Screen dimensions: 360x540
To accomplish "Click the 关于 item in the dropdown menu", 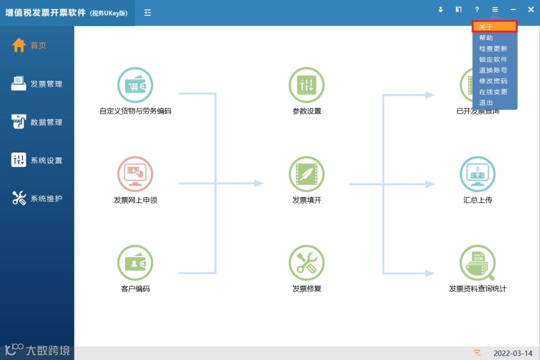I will click(x=494, y=27).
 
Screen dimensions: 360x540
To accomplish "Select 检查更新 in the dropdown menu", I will click(x=493, y=49).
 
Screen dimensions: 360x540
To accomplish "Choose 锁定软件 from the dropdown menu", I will click(x=493, y=59).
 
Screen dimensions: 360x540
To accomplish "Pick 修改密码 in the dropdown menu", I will click(x=493, y=81).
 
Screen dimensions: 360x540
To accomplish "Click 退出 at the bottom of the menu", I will click(x=486, y=102).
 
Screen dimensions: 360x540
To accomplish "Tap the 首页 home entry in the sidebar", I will click(x=30, y=45).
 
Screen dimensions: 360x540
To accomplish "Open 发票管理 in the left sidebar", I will click(x=37, y=84).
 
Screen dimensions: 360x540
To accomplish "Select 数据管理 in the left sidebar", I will click(x=37, y=122).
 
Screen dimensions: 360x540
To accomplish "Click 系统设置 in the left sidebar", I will click(x=37, y=160).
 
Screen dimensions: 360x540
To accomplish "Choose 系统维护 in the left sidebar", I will click(x=37, y=198).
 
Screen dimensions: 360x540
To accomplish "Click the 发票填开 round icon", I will click(x=306, y=174).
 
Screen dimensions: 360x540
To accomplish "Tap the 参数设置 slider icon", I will click(x=306, y=85).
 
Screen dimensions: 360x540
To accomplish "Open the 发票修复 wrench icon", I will click(x=306, y=263).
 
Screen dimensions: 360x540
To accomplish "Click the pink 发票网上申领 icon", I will click(x=135, y=174).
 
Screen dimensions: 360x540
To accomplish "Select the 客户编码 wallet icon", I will click(x=135, y=263).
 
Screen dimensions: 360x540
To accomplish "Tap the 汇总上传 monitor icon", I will click(x=477, y=174).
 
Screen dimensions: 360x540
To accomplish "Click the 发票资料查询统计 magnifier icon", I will click(x=477, y=263).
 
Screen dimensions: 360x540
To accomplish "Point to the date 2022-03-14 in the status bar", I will click(x=513, y=353).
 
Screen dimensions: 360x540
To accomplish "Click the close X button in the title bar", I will click(x=530, y=9).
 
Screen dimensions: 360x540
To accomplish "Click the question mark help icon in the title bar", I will click(x=477, y=9).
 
